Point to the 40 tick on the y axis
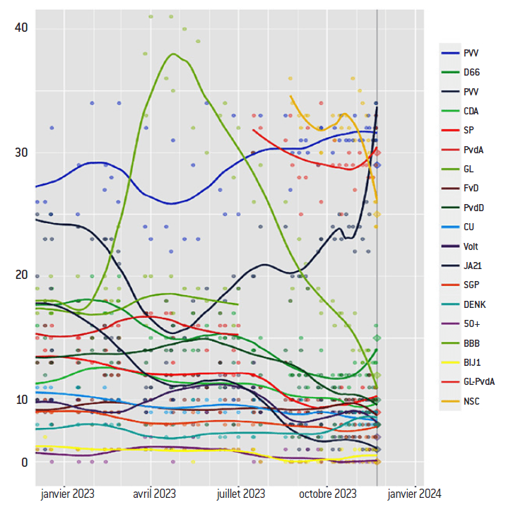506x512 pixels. pyautogui.click(x=21, y=28)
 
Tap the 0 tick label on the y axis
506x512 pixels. pyautogui.click(x=24, y=462)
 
